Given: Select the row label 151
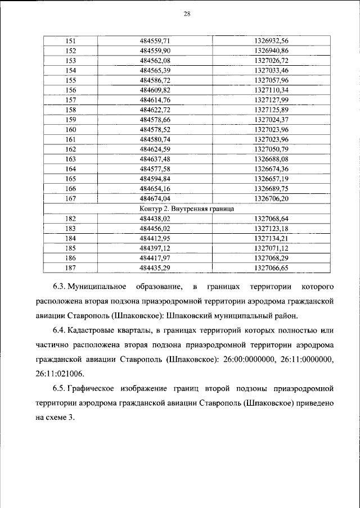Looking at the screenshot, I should [x=71, y=41].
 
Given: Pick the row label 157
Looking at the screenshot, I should [x=71, y=99].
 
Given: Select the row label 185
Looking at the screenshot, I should [x=71, y=247].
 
